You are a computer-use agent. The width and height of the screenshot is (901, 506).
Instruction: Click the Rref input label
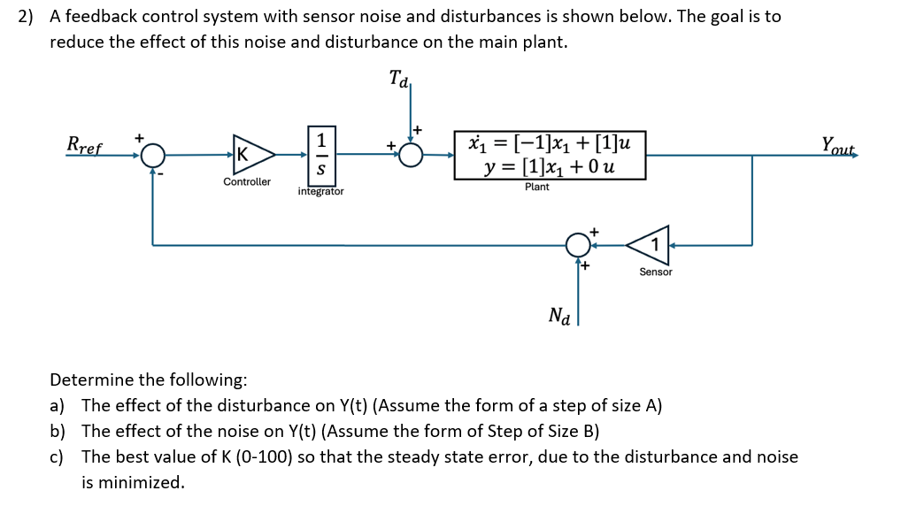click(x=85, y=144)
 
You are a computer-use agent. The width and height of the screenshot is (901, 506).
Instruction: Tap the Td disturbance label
click(x=399, y=80)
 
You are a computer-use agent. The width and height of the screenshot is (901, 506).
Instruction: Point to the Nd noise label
click(x=559, y=315)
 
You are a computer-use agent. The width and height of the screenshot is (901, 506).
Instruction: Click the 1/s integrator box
click(x=321, y=155)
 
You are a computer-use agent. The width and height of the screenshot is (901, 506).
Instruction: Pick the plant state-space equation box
click(x=550, y=155)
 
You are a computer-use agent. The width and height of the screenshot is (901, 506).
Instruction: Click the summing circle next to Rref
click(x=153, y=156)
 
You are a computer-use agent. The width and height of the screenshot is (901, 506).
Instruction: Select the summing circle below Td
click(x=410, y=155)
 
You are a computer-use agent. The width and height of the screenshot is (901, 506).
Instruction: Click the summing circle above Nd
click(x=578, y=244)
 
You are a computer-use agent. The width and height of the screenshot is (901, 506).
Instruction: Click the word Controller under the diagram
click(x=247, y=182)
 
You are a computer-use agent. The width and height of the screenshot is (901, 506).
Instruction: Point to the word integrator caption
click(x=321, y=191)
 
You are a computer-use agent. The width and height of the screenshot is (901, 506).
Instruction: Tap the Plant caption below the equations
click(x=536, y=187)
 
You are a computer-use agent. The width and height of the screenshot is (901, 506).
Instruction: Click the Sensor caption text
click(x=656, y=272)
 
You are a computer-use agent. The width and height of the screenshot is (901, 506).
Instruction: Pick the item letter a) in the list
click(x=58, y=406)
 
